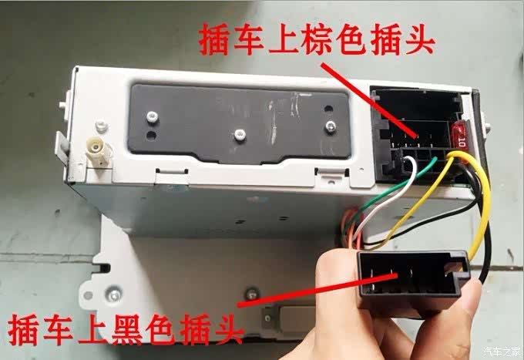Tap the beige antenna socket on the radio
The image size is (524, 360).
[x=99, y=152]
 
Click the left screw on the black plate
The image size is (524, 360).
[x=152, y=116]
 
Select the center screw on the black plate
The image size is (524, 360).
[x=240, y=134]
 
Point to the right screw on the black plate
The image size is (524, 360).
[x=330, y=126]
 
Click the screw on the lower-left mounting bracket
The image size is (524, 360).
[x=113, y=294]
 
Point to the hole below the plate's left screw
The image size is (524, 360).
[x=151, y=135]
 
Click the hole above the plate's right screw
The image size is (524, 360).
[x=329, y=109]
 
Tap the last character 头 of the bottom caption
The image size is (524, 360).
[x=227, y=329]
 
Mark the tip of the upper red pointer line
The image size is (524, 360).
[x=417, y=136]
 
